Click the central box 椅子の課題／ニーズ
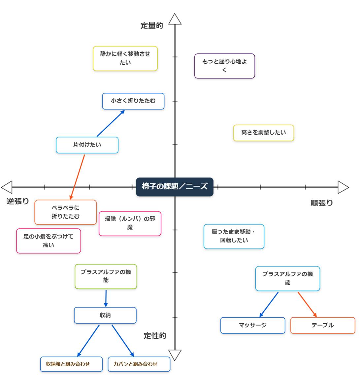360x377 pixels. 175,187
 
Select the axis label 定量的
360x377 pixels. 152,26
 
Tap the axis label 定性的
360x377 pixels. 155,336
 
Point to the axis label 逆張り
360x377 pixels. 18,201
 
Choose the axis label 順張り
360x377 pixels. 322,203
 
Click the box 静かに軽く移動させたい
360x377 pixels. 125,58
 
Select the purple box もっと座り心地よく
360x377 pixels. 224,66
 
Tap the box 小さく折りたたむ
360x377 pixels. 133,101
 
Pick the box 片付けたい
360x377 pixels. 87,145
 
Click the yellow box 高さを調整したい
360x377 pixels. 263,133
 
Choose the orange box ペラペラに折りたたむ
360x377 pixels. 66,212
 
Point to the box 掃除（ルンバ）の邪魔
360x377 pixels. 130,223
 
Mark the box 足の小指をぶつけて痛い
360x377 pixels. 49,241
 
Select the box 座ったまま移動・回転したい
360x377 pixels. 234,236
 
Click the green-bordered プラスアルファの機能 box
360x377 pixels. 106,276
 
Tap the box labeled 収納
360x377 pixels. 105,315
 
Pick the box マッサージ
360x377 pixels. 252,325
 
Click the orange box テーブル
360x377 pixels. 322,325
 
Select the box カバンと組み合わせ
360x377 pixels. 139,364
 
